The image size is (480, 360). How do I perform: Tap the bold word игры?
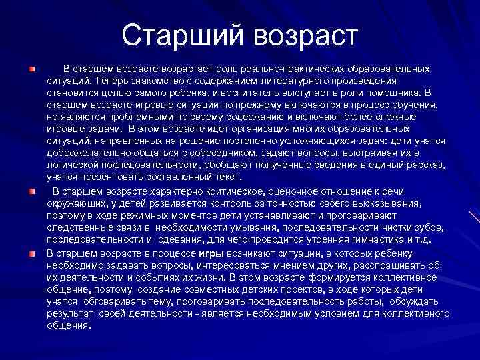tap(207, 253)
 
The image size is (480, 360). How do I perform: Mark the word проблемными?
tap(119, 117)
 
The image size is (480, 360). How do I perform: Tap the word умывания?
tap(230, 227)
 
